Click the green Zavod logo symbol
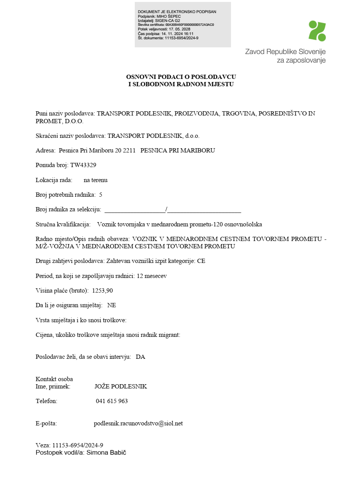tap(317, 31)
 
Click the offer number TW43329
tap(83, 165)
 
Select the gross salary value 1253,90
tap(102, 291)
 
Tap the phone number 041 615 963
tap(112, 401)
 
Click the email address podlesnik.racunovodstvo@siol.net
tap(138, 423)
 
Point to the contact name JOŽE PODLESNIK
tap(121, 387)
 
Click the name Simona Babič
tap(106, 453)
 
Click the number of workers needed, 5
tap(100, 195)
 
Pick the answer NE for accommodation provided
tap(112, 305)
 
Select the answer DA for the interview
tap(141, 357)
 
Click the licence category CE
tap(201, 261)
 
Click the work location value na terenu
tap(95, 180)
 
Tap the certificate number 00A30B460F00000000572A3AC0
tap(189, 25)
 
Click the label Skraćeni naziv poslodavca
tap(70, 136)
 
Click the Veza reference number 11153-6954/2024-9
tap(78, 445)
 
